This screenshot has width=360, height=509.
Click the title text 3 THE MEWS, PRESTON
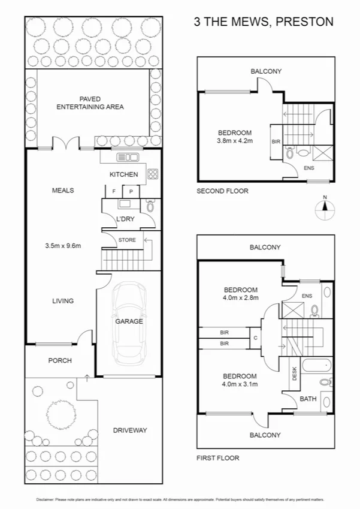[x=264, y=22]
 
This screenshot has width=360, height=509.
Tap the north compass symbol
[x=324, y=209]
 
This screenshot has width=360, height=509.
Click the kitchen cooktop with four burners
[x=152, y=174]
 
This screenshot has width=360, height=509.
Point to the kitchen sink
[x=128, y=158]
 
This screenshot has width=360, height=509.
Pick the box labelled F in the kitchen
[x=114, y=191]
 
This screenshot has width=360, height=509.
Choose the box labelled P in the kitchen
[x=131, y=191]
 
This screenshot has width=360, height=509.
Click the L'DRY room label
[x=126, y=220]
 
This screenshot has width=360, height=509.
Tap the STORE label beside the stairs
[x=127, y=240]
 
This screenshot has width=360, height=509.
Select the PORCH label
[x=60, y=360]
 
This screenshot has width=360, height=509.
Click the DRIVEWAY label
[x=130, y=430]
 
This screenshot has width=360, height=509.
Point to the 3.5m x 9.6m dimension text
[x=63, y=245]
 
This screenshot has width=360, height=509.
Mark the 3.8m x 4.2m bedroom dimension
[x=234, y=141]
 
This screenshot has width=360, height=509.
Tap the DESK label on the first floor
[x=294, y=374]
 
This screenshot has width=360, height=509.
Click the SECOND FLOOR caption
[x=223, y=191]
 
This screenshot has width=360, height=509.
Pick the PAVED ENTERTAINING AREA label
[x=90, y=103]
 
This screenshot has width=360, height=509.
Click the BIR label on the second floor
[x=276, y=142]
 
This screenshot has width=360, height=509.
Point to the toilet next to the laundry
[x=150, y=207]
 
